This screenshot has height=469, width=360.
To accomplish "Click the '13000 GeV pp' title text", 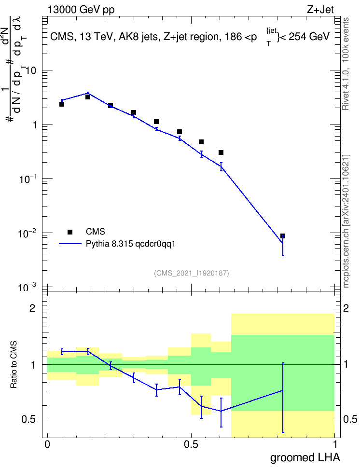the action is (x=81, y=10).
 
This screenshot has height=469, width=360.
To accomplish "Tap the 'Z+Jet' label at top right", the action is (x=320, y=10).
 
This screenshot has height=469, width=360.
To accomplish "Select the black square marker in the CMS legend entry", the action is (x=70, y=232).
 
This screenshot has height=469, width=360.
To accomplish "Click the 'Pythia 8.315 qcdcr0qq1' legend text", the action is (x=130, y=244).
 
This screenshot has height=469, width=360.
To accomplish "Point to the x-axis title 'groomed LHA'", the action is (x=305, y=458).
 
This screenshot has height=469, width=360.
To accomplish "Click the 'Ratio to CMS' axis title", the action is (x=14, y=365).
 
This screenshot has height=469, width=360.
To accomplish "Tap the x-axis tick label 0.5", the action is (x=191, y=444).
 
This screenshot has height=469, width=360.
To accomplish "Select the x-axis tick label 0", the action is (x=47, y=444).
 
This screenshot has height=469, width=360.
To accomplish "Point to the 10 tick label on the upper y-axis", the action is (x=31, y=71).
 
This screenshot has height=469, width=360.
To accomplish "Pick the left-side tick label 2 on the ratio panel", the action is (x=32, y=308).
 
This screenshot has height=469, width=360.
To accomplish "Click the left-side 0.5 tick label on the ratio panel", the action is (x=28, y=420).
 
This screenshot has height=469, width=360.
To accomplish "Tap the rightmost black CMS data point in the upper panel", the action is (x=282, y=236).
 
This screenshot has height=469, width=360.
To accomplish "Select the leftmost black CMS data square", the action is (x=62, y=104).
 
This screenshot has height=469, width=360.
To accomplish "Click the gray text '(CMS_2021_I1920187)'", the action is (x=192, y=273).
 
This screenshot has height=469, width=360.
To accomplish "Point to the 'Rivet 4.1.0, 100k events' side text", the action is (x=346, y=64).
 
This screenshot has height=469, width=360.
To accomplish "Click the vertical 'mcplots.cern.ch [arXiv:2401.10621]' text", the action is (x=346, y=221).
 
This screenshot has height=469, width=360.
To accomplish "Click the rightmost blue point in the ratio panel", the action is (x=282, y=390).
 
